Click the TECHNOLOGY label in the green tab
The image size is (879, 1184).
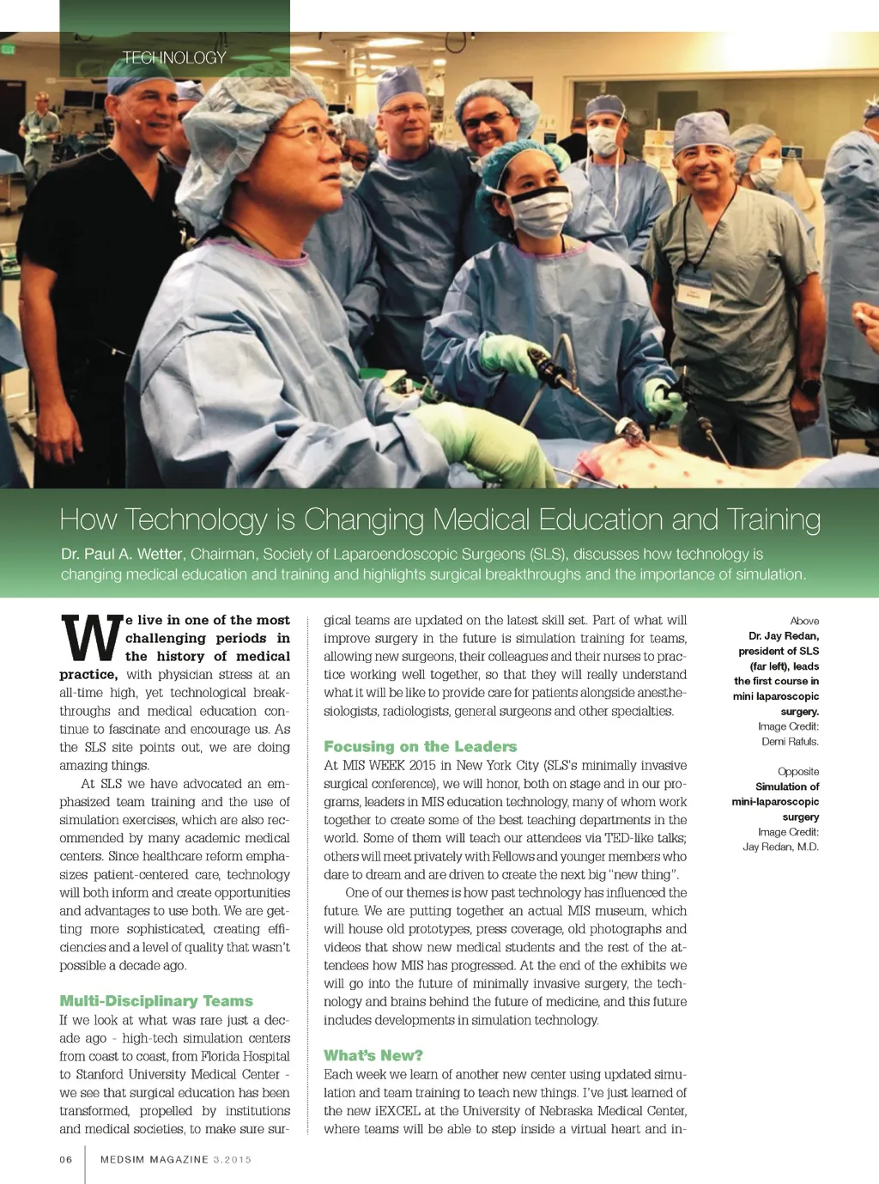coord(174,58)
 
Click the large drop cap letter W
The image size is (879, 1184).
coord(90,638)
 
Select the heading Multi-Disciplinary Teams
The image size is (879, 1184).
coord(156,1000)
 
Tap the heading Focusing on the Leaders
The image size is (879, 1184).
coord(420,746)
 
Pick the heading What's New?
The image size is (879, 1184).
coord(373,1055)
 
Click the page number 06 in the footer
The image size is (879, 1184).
coord(66,1159)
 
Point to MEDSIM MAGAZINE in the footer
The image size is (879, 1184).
coord(155,1159)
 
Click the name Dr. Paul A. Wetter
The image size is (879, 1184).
coord(122,554)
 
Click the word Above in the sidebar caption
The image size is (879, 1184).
coord(804,621)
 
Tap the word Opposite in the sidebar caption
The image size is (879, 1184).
coord(798,772)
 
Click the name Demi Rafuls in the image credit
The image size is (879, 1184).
coord(790,742)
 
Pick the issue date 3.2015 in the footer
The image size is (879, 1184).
coord(233,1159)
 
